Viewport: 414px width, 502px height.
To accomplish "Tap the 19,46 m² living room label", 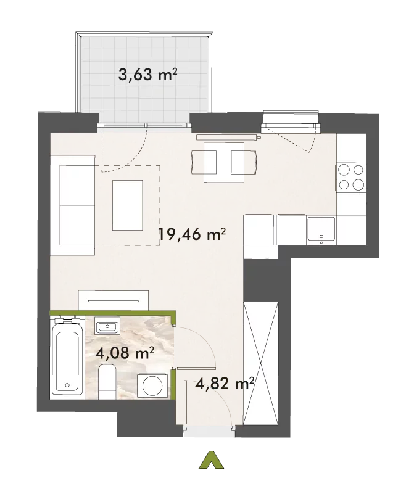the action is coord(193,234).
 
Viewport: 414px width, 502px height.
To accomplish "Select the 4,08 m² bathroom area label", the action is coord(125,353).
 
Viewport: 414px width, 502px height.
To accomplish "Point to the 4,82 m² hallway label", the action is coord(225,383).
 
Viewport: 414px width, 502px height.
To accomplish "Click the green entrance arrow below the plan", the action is coord(211,461).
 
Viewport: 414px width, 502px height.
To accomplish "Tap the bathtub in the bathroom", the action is coord(67,358).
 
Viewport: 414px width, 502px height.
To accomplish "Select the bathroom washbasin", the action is coord(107,326).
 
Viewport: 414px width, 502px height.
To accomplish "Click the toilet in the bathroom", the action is coord(107,381).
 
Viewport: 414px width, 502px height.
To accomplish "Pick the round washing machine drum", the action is coord(152,385).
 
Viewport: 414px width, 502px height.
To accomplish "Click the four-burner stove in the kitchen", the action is coord(351,178).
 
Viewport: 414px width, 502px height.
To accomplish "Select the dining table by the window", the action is coord(224,162).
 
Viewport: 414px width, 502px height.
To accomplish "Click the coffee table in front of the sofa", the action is coord(128,205).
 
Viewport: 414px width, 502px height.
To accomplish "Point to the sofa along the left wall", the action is coord(73,205).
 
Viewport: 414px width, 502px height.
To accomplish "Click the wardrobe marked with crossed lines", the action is coord(260,363).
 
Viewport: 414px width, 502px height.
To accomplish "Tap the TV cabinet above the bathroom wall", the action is coord(114,300).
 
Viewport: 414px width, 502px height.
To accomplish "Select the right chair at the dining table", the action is coord(244,162).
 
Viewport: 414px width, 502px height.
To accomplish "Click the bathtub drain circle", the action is coord(67,384).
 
